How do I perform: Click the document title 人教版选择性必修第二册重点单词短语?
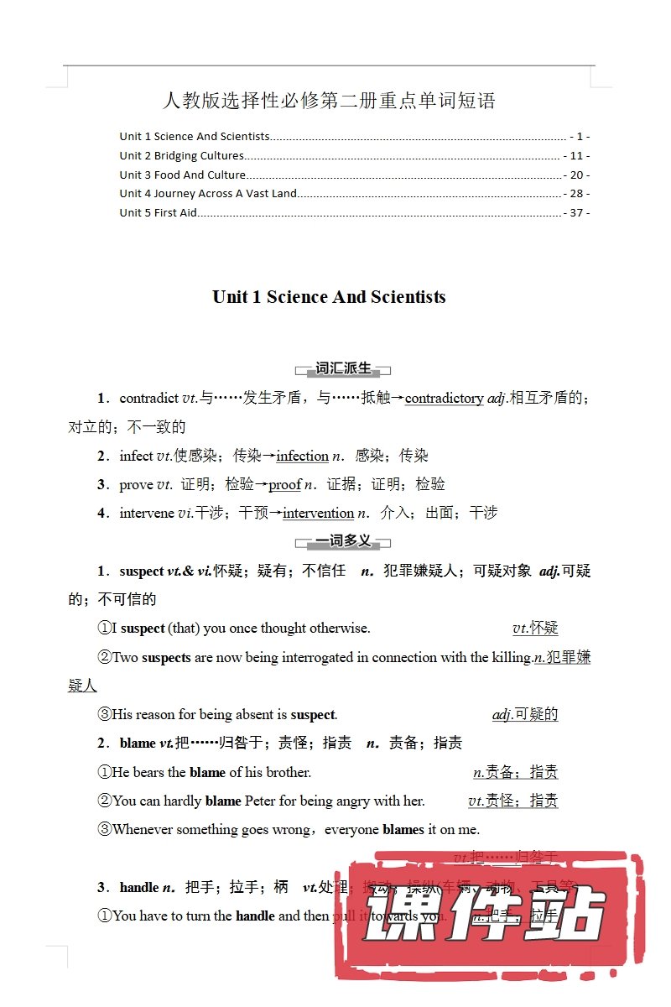click(x=329, y=102)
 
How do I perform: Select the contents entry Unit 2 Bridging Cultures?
click(x=181, y=155)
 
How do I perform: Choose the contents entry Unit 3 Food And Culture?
click(x=182, y=175)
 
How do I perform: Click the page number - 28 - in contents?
click(x=577, y=193)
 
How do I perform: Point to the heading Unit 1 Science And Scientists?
click(x=329, y=297)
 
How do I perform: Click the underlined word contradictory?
click(x=444, y=399)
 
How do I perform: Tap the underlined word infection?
click(x=302, y=456)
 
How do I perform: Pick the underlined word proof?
click(x=284, y=484)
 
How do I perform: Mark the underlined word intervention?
click(x=318, y=513)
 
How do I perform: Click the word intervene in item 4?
click(x=147, y=513)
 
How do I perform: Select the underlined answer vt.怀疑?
click(x=535, y=628)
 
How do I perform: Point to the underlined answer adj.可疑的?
click(x=525, y=714)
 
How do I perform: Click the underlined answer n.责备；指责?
click(x=516, y=771)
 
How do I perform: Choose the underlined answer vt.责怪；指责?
click(x=512, y=801)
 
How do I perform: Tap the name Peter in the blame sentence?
click(x=260, y=801)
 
